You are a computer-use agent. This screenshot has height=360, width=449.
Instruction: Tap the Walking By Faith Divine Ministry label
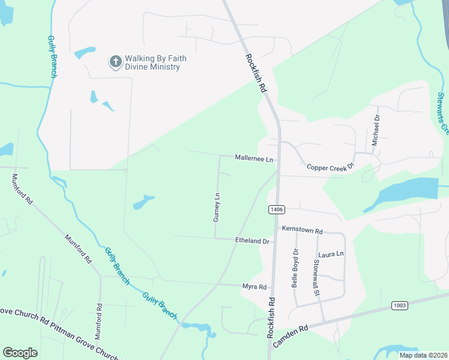[x=155, y=62]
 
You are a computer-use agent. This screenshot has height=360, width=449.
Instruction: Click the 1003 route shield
[x=400, y=305]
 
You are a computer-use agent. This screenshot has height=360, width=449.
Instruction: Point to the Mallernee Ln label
[x=254, y=160]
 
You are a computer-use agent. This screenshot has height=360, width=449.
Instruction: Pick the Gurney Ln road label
[x=217, y=207]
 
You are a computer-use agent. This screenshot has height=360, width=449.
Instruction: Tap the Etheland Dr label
[x=252, y=241]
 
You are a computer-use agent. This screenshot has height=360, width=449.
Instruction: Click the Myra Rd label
[x=254, y=287]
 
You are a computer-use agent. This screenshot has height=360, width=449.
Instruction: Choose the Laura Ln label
[x=331, y=254]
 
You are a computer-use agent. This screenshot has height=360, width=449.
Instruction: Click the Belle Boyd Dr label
[x=295, y=268]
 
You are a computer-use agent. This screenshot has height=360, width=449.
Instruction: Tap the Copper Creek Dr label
[x=327, y=168]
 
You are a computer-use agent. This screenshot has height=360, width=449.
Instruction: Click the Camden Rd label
[x=290, y=337]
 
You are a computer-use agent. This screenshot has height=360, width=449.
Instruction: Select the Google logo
[x=20, y=353]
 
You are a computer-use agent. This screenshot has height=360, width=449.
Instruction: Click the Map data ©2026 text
[x=423, y=355]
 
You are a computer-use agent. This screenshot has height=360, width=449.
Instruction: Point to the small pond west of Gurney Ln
[x=143, y=202]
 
